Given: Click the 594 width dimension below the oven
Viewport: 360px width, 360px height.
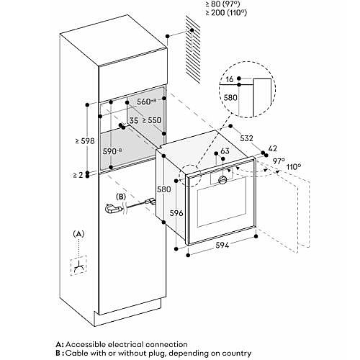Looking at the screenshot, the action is coord(222,245).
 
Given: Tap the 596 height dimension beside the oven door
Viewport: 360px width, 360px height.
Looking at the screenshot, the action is coord(176,213).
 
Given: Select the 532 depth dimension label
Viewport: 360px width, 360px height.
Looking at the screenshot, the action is coord(246,138).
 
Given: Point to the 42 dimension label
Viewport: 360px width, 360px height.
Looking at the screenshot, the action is coord(272,148).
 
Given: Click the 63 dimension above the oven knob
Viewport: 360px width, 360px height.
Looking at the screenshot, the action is coord(225,151).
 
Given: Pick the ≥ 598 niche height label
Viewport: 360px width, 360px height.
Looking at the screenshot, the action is coord(85,141).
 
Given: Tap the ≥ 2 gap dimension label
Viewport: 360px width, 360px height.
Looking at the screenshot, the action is coord(78,175).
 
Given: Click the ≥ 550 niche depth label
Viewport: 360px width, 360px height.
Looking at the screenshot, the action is coord(152,120).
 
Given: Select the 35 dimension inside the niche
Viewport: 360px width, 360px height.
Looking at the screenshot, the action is coord(134,120).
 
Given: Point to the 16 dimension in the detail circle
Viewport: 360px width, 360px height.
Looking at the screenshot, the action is coord(230,79).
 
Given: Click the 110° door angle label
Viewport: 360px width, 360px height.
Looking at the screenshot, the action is coord(294,166).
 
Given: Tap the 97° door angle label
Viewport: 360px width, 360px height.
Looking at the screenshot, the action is coord(279,161).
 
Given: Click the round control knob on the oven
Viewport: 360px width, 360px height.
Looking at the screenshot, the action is coord(223,180).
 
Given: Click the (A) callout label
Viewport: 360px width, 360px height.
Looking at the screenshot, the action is coord(78,233).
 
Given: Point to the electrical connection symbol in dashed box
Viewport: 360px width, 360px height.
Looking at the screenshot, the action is coord(78,266).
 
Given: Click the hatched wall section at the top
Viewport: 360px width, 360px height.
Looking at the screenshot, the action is coord(193,49).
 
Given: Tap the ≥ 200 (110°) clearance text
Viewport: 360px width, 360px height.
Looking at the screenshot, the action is coord(226,12).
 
